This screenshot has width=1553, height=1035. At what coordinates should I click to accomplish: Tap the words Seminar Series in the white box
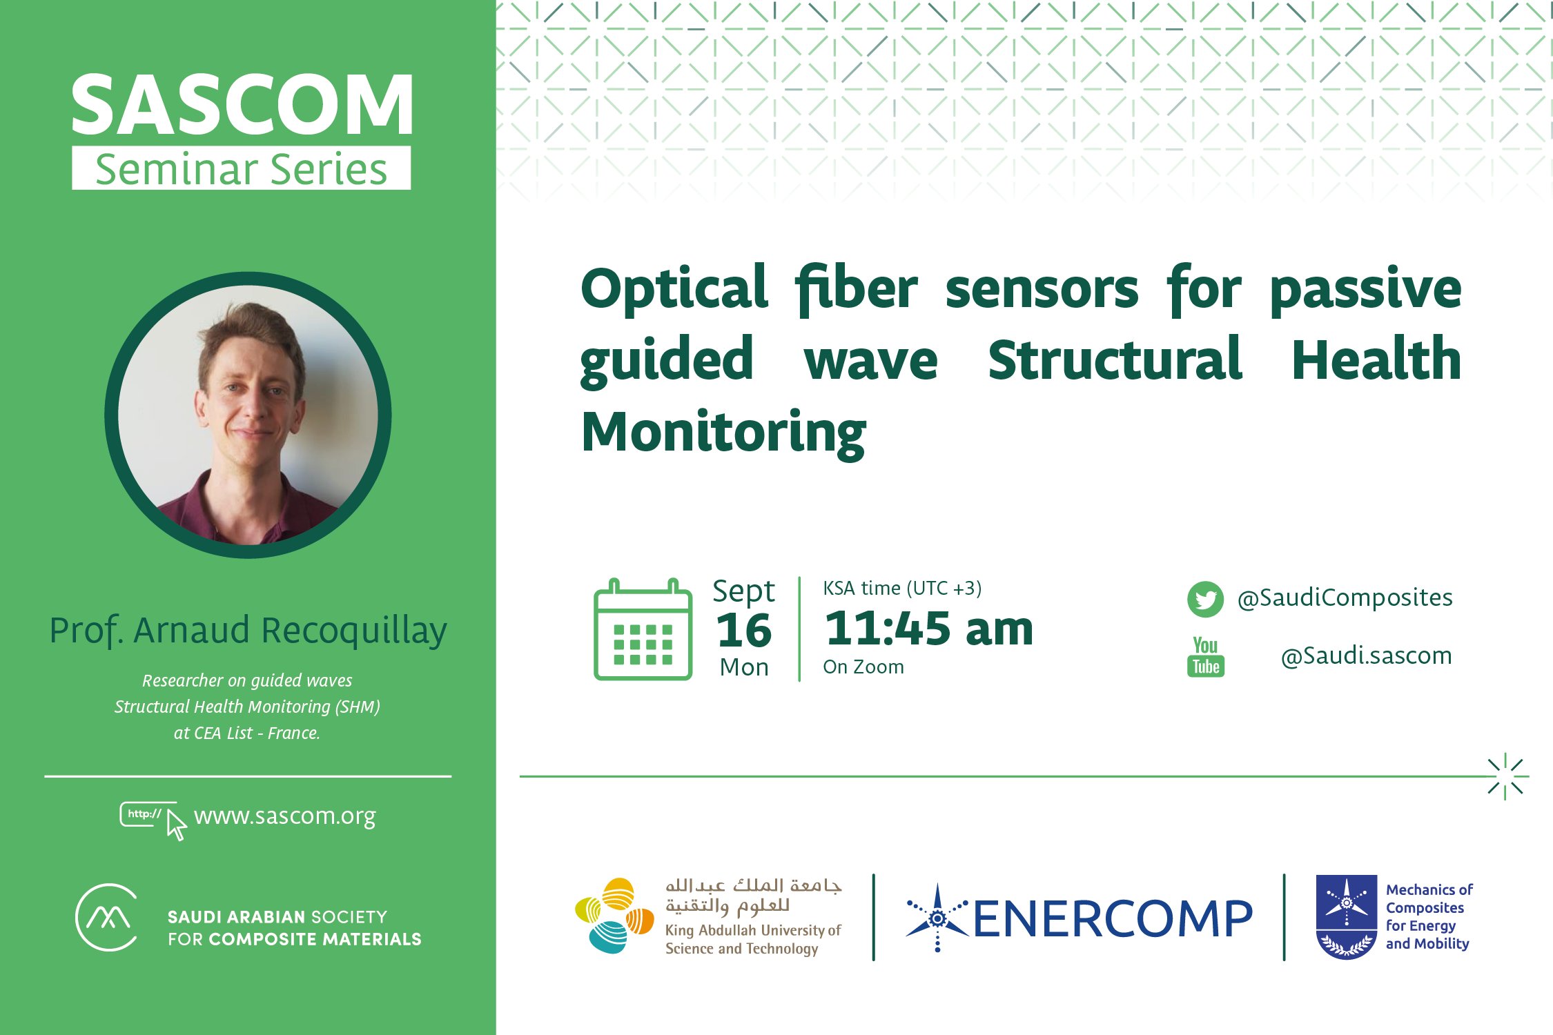coord(242,169)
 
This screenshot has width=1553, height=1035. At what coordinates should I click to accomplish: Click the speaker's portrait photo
coord(248,415)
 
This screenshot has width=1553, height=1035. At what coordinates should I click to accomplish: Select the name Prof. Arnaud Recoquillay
coord(248,631)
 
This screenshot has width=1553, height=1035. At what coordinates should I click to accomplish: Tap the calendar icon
coord(643,630)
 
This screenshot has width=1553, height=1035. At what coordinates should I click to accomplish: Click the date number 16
coord(744,630)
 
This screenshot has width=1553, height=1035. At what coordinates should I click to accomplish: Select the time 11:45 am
coord(929,629)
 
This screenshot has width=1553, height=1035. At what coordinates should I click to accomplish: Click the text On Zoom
coord(863,667)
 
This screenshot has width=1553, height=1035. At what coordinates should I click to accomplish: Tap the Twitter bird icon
coord(1205,598)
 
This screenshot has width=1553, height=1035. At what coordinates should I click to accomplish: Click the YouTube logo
coord(1205,656)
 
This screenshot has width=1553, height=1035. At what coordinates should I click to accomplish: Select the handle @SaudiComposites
coord(1345,598)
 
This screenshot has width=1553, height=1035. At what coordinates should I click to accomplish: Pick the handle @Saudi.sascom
coord(1366,655)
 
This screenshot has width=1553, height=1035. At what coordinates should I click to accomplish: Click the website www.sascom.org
coord(284,816)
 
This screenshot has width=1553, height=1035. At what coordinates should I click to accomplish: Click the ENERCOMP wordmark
coord(1112,919)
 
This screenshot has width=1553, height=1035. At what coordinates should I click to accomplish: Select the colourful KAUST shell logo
coord(614,916)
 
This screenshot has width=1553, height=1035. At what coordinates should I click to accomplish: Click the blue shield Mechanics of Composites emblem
coord(1346,917)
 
